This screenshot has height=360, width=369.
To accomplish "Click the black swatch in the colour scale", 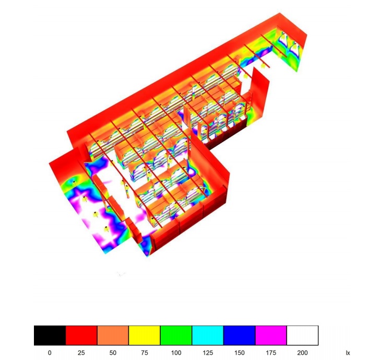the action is [x=50, y=335].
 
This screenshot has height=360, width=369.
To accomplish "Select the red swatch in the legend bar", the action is [x=81, y=335].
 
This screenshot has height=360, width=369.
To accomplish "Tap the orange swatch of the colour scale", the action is [x=113, y=335].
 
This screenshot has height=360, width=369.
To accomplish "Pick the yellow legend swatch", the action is [x=145, y=335].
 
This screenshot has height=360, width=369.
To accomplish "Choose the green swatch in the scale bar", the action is [x=176, y=335].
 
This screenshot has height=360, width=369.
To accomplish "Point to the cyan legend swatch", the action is [x=208, y=335].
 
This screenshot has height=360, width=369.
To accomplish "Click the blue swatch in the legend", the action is [x=240, y=335].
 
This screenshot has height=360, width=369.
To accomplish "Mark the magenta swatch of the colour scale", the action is [x=271, y=335].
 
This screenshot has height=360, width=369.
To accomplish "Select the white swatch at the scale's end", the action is [x=302, y=335].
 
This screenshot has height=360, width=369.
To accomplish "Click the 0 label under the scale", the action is [x=50, y=353].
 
